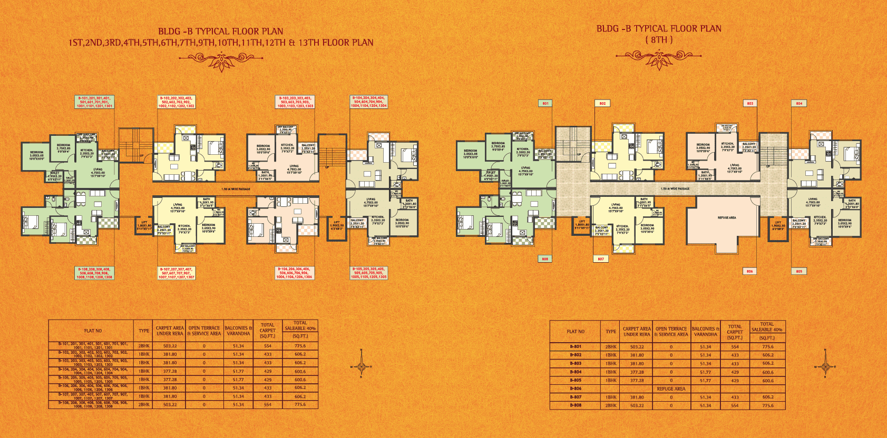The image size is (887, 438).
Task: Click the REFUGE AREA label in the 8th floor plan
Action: click(726, 217)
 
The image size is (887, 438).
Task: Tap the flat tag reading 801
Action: click(545, 103)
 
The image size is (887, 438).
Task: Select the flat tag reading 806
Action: click(749, 271)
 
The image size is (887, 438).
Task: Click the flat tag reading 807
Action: click(601, 259)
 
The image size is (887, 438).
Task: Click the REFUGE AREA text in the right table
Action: click(670, 389)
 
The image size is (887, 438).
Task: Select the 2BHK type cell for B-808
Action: click(611, 405)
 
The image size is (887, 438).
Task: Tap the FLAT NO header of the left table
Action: click(93, 331)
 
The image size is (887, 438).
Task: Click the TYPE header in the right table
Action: click(611, 332)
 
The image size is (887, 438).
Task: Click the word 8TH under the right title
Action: click(659, 40)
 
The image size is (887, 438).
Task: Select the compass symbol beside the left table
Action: click(361, 366)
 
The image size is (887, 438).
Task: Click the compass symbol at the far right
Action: click(825, 367)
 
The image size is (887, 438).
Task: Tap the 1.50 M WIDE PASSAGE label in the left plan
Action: click(236, 189)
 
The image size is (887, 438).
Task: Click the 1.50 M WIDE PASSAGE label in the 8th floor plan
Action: click(675, 188)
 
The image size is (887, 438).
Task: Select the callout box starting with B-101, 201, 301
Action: click(94, 102)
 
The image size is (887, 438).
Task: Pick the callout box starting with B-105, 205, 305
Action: click(368, 273)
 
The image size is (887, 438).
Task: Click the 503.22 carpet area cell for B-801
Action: click(637, 347)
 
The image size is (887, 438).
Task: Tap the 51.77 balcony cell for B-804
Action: click(705, 372)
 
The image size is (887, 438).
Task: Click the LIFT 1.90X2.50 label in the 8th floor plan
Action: click(778, 225)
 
